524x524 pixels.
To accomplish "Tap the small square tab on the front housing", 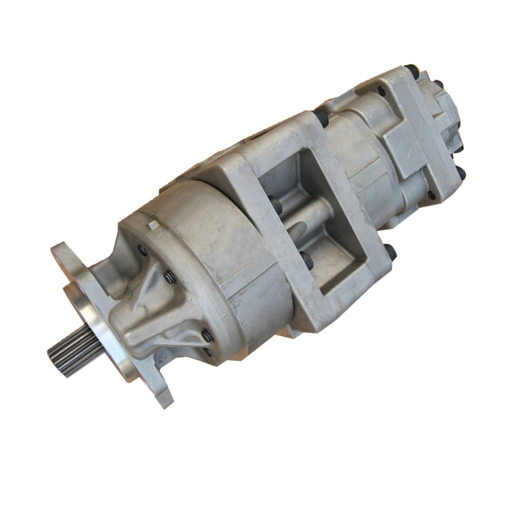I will click(x=152, y=225).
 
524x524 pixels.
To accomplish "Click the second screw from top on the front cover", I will click(x=169, y=277).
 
